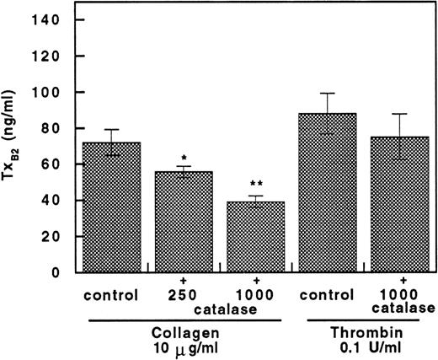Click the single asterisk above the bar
pyautogui.click(x=184, y=159)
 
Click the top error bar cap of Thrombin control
pyautogui.click(x=328, y=93)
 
